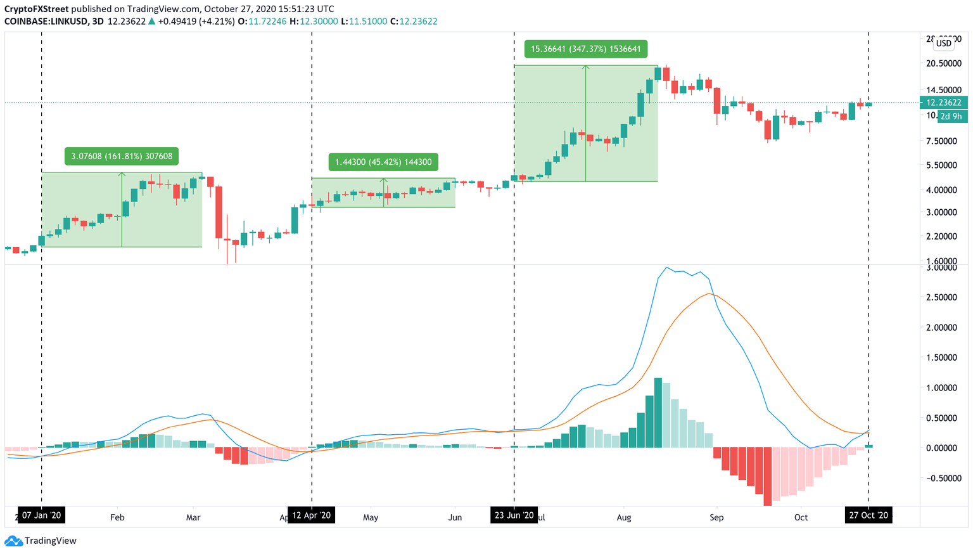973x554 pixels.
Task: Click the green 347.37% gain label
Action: [586, 49]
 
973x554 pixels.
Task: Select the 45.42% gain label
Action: [383, 162]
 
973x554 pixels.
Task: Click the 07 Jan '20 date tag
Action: [42, 515]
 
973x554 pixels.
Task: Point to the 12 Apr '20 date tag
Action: [312, 515]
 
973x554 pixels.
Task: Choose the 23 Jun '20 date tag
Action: [514, 515]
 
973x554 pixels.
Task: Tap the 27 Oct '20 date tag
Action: [868, 515]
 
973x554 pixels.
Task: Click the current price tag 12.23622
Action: [943, 103]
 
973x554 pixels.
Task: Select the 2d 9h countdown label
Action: [951, 117]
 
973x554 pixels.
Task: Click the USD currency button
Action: [944, 43]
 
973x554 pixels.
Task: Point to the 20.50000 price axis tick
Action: [943, 63]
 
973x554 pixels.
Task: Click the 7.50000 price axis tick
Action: [941, 141]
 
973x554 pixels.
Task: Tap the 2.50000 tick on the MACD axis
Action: [941, 297]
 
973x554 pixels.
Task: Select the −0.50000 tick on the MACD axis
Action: [941, 478]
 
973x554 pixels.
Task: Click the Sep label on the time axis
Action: [716, 517]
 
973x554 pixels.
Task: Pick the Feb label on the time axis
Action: [117, 517]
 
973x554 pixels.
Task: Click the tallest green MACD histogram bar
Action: [658, 413]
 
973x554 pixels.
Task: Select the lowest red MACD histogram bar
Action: [768, 476]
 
